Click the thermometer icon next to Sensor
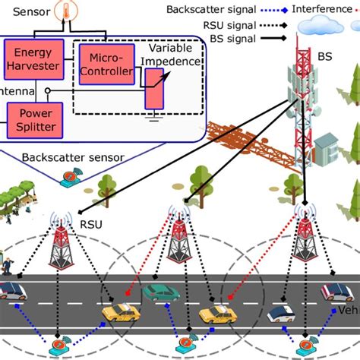pyautogui.click(x=67, y=11)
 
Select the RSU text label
pyautogui.click(x=91, y=225)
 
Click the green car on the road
pyautogui.click(x=160, y=292)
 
